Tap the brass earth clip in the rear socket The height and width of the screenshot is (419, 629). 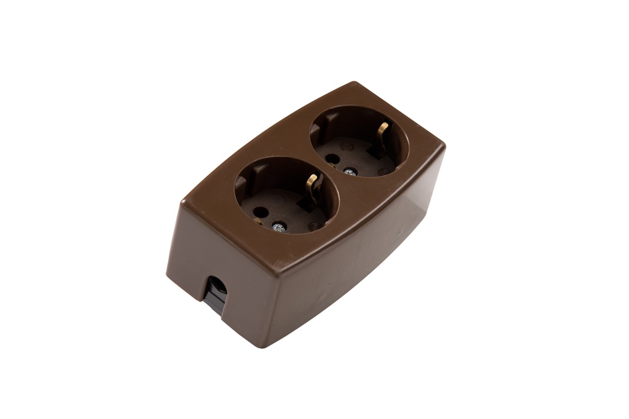(383, 130)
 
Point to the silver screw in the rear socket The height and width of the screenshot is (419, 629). (348, 170)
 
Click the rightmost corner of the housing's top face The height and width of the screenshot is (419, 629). (444, 146)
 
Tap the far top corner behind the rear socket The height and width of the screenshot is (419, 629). (359, 83)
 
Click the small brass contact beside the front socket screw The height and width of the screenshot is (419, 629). (259, 220)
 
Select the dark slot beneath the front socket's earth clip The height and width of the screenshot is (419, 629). (307, 202)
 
